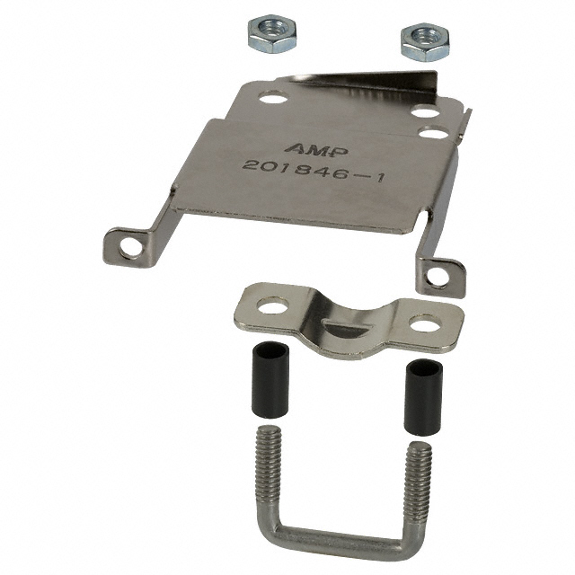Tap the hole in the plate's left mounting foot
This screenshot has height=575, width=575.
[131, 245]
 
